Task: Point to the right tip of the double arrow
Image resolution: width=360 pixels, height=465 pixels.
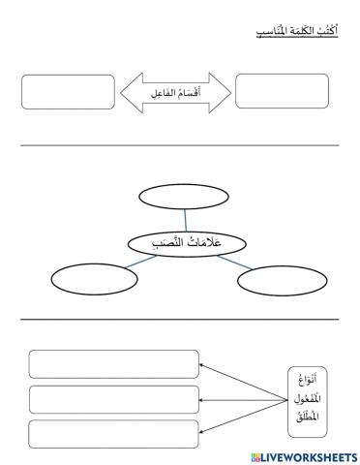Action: [x=229, y=93]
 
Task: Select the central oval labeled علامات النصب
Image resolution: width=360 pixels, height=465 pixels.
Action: [x=185, y=244]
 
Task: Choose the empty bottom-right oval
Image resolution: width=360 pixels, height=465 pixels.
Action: [x=277, y=282]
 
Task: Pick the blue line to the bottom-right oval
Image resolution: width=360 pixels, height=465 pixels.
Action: [x=232, y=263]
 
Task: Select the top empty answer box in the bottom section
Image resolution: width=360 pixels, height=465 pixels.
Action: [x=113, y=364]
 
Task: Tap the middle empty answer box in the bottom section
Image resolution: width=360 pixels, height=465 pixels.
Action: [x=113, y=399]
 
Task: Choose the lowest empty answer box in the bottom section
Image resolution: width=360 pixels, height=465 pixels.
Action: [x=113, y=433]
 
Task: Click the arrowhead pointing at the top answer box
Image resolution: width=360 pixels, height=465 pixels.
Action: [x=203, y=366]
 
